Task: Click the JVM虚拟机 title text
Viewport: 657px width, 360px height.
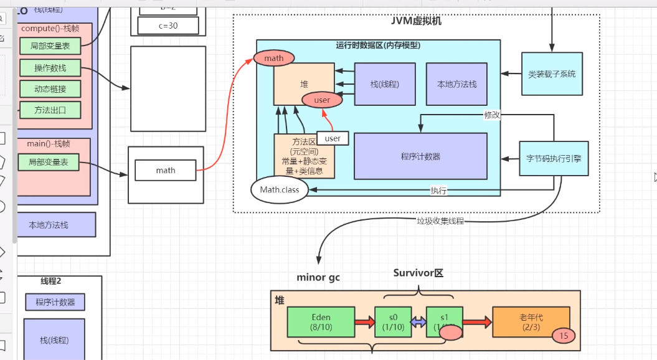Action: [x=417, y=21]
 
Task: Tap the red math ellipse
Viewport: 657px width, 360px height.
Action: [x=273, y=59]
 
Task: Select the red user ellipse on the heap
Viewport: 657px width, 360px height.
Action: [x=322, y=100]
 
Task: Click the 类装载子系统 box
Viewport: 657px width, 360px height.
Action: [x=552, y=73]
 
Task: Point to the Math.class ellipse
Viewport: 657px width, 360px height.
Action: [x=280, y=190]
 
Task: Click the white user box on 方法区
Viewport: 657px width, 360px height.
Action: [x=333, y=138]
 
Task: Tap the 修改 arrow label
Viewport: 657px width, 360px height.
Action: [x=493, y=115]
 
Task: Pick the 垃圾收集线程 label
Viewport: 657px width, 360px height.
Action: [x=440, y=221]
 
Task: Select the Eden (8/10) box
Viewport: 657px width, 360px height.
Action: [x=321, y=321]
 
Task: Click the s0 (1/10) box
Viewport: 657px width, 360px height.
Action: [x=390, y=321]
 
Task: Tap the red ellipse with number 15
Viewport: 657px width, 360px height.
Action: [x=564, y=336]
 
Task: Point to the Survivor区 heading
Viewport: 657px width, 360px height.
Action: [x=418, y=273]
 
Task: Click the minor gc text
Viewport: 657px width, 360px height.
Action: [x=318, y=277]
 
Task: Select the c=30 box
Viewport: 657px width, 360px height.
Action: [x=168, y=26]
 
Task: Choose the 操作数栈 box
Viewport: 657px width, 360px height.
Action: [x=50, y=67]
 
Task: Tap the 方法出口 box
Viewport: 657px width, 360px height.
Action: [x=50, y=110]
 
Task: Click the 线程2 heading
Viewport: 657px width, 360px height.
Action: [x=51, y=282]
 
